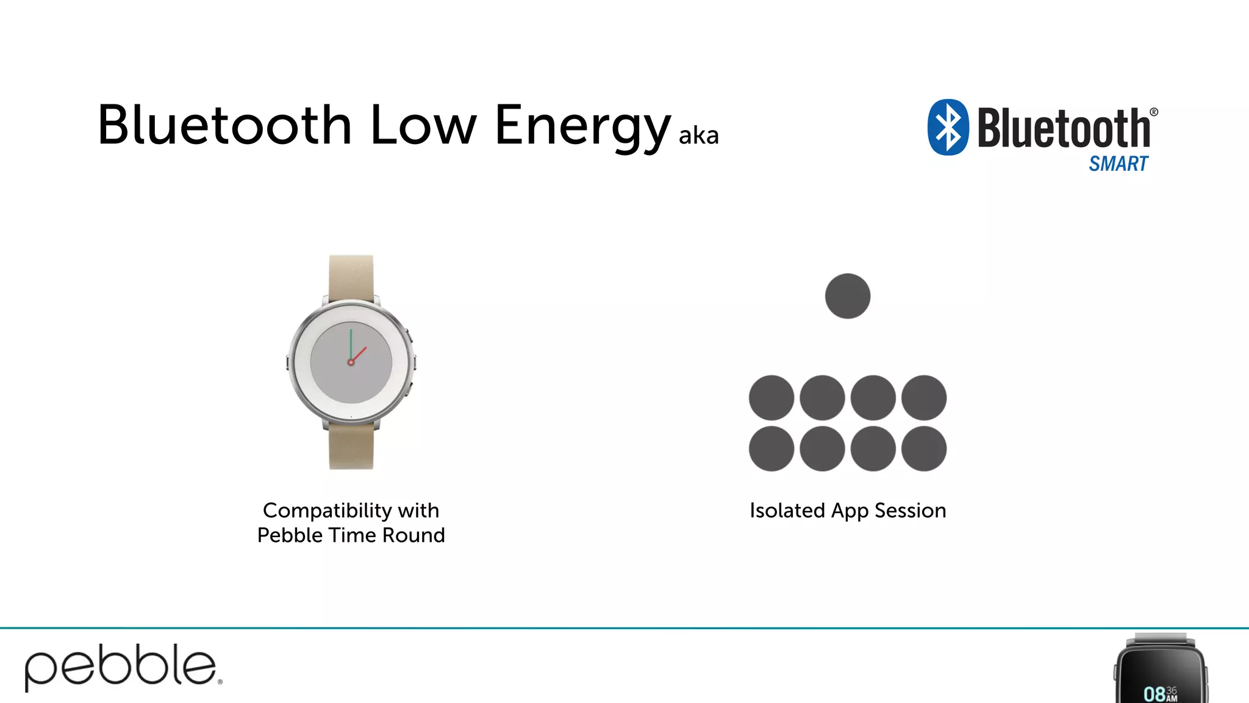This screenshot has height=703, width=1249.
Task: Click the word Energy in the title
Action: (582, 126)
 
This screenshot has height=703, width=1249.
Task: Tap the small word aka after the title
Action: (698, 135)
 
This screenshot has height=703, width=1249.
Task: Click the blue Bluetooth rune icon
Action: (948, 127)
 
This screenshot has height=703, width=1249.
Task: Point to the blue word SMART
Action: (1118, 164)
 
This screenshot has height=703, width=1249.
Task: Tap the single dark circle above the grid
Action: (847, 296)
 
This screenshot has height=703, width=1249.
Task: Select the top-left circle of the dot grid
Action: (771, 398)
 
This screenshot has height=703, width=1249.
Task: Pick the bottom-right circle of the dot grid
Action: (924, 449)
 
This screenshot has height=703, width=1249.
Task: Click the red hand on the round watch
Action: (360, 353)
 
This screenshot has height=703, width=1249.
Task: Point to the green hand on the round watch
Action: (351, 345)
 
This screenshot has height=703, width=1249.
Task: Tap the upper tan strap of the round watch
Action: (351, 276)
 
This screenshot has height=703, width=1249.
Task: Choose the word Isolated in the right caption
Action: (787, 510)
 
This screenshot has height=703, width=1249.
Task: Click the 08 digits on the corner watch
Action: (1154, 694)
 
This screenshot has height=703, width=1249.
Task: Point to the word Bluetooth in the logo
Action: (1064, 128)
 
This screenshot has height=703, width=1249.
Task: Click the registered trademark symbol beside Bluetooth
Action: (1153, 112)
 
